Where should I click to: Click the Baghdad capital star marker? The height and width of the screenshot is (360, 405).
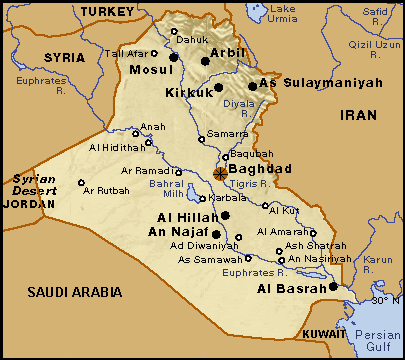[220, 173]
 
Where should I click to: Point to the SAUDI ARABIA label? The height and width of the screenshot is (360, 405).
[74, 292]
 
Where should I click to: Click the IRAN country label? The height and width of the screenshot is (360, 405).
[359, 115]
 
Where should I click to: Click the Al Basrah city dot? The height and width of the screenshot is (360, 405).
[334, 288]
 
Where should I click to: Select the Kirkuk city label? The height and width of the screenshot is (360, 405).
[186, 93]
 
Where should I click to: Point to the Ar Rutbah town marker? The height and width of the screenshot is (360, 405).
[81, 182]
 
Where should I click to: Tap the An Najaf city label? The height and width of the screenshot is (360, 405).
[178, 232]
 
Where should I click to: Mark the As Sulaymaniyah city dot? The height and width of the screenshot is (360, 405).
[252, 86]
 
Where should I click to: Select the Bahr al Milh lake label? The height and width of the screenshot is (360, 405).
[167, 190]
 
